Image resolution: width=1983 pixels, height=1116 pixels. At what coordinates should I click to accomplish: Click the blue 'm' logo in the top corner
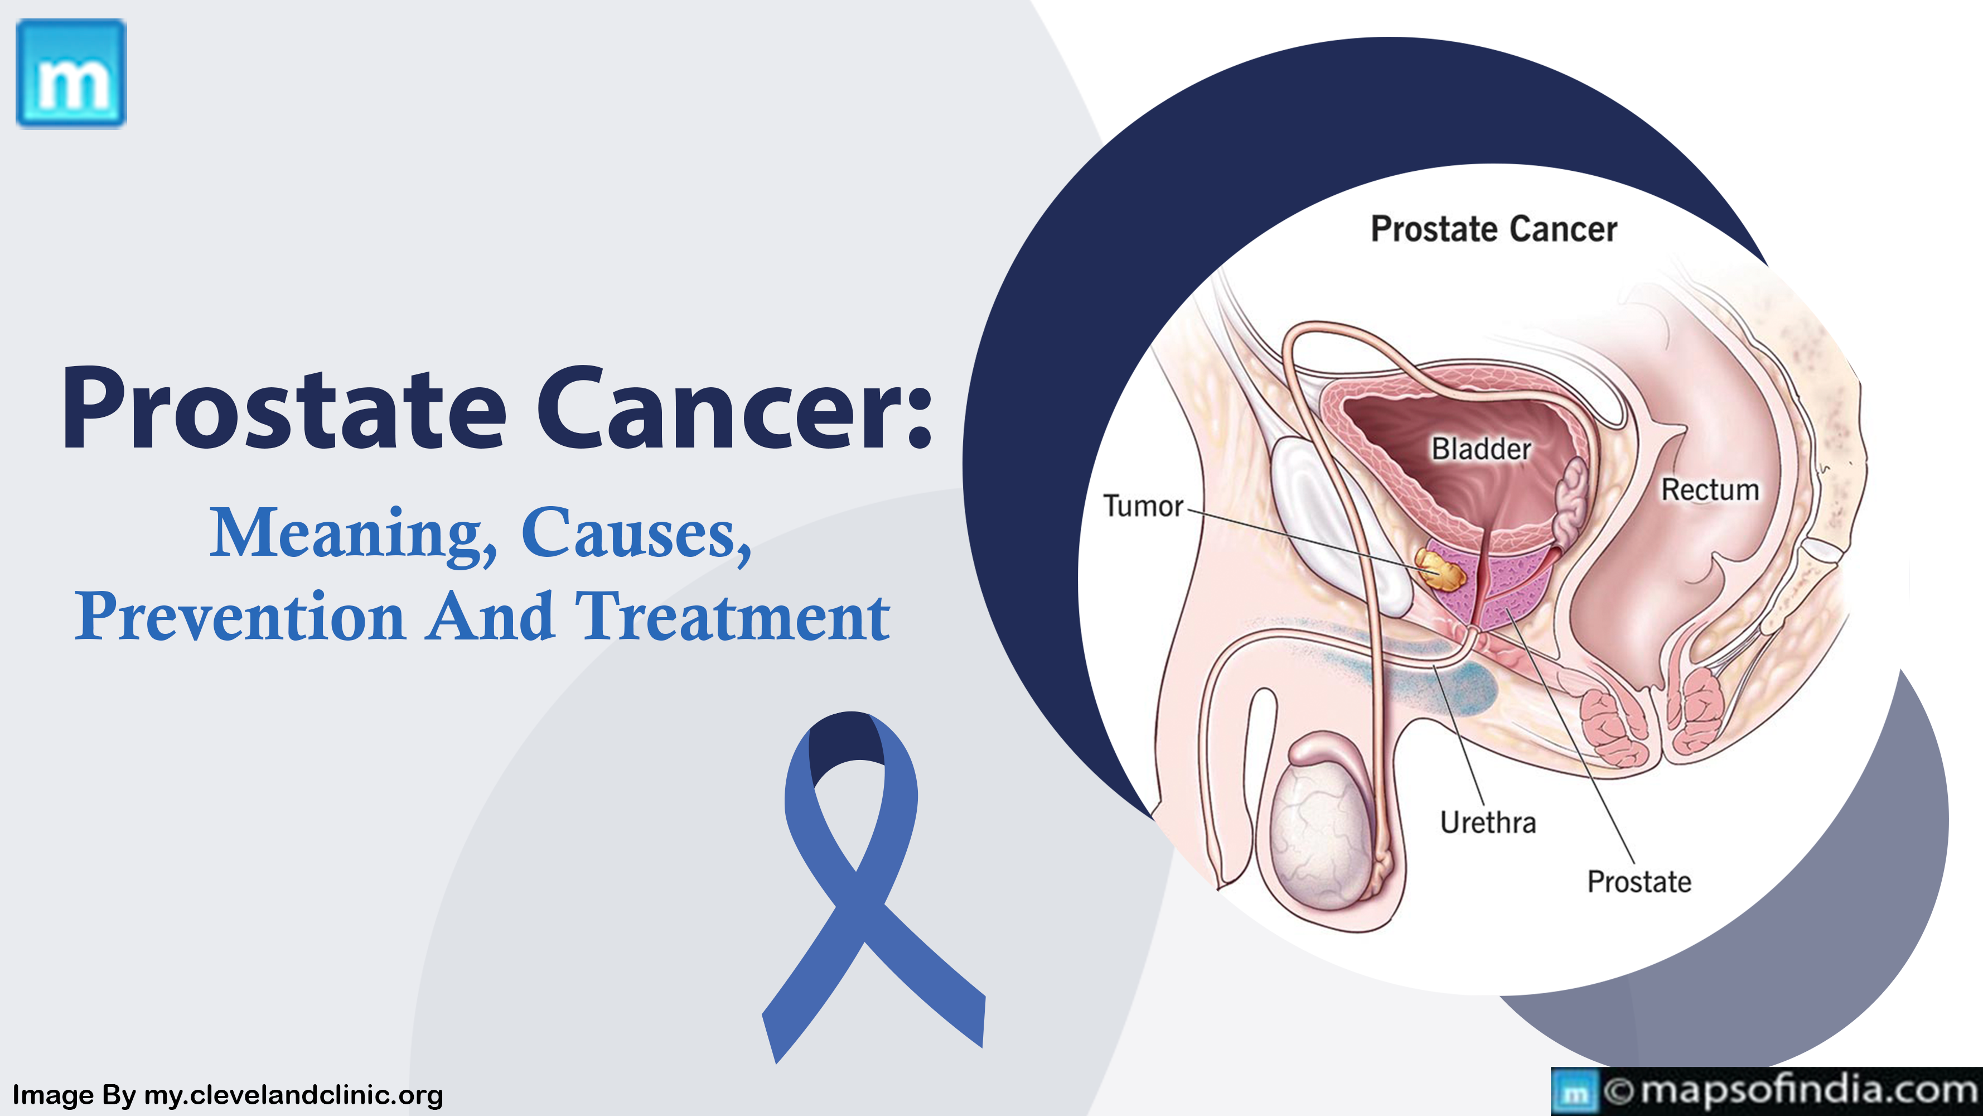(x=71, y=73)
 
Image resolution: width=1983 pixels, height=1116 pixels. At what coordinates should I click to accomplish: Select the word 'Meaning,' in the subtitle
(x=354, y=535)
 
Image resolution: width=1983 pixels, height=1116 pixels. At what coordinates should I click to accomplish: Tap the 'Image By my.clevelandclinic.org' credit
(x=228, y=1094)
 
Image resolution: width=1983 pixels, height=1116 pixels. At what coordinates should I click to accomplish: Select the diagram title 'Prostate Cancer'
(x=1494, y=229)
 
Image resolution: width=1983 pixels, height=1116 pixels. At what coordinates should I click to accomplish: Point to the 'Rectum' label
(x=1710, y=490)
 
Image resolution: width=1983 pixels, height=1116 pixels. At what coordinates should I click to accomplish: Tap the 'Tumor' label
(x=1143, y=506)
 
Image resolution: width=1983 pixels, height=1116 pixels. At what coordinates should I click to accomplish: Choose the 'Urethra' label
(x=1488, y=822)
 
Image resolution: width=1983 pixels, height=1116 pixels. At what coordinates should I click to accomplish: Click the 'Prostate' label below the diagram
(x=1639, y=882)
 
